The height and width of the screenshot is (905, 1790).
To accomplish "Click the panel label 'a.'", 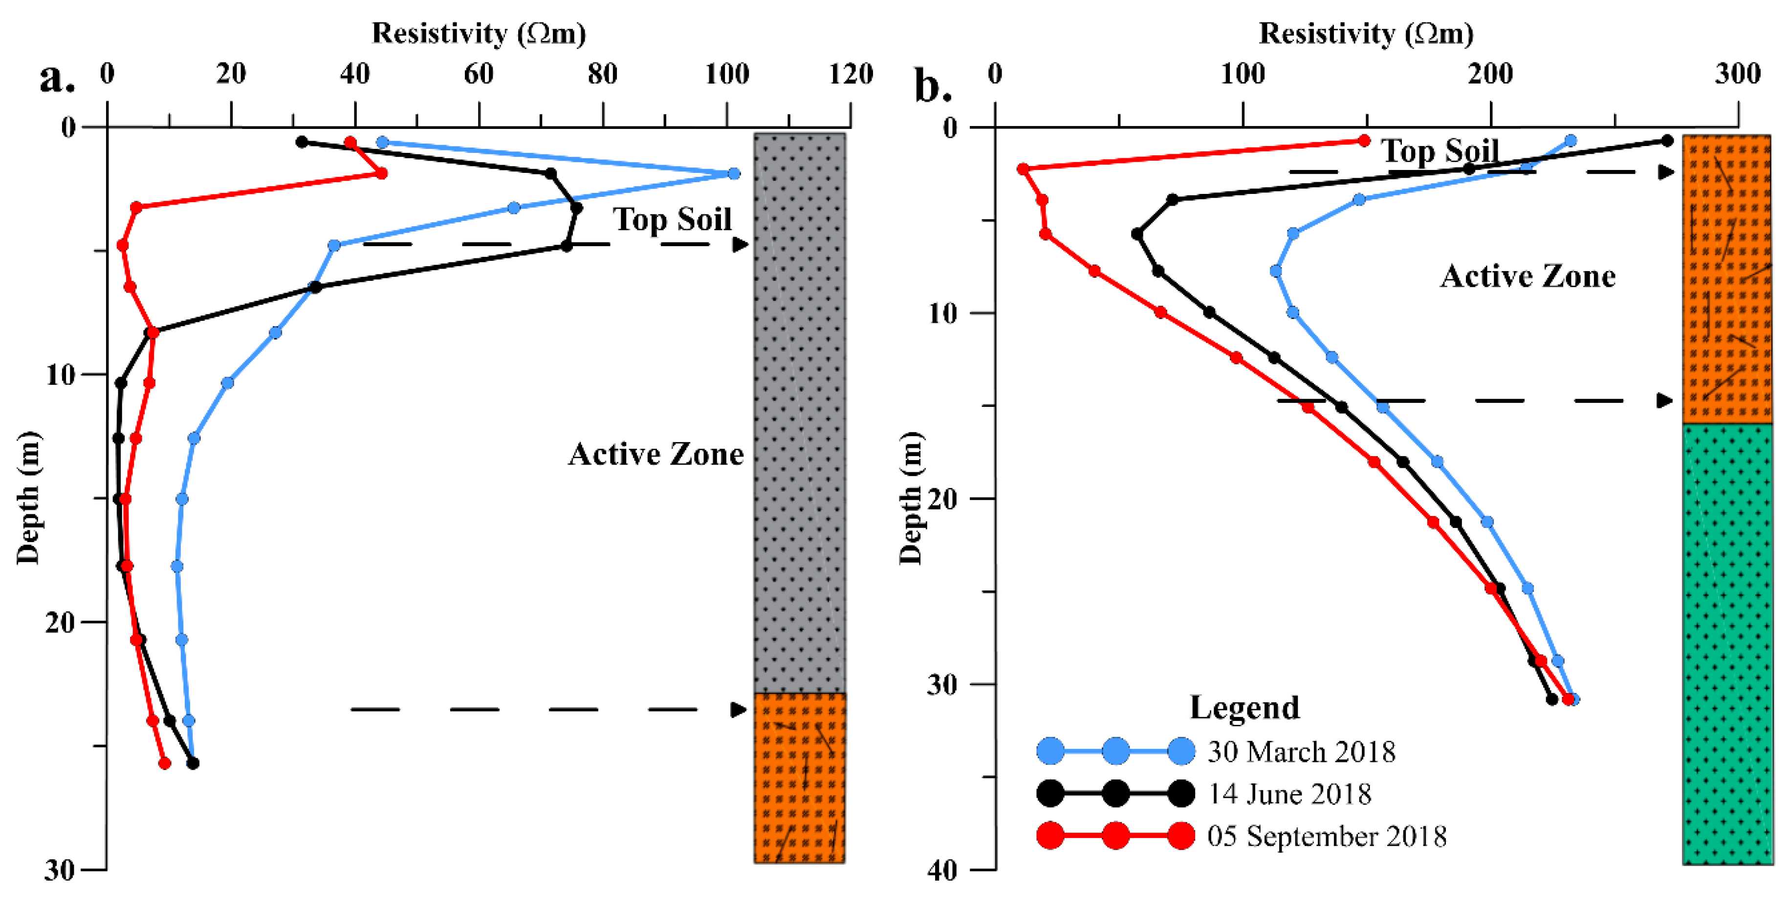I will click(x=57, y=78).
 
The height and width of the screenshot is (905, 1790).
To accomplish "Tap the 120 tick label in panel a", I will click(x=851, y=74).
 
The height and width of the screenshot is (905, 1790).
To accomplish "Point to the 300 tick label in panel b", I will click(x=1737, y=74).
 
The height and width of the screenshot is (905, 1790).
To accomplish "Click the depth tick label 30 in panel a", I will click(x=59, y=869).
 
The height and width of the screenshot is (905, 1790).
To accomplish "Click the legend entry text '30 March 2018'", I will click(x=1301, y=752).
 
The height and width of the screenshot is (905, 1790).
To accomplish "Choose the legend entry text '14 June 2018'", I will click(x=1289, y=794).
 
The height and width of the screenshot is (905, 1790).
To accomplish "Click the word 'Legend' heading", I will click(x=1244, y=708).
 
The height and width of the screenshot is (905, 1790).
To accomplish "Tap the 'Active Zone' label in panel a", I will click(x=655, y=454).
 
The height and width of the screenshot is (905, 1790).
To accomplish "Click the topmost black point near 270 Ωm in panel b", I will click(x=1666, y=141).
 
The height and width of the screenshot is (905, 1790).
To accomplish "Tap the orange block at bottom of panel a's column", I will click(x=799, y=778).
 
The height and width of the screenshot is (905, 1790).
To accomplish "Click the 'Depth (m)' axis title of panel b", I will click(x=911, y=498).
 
